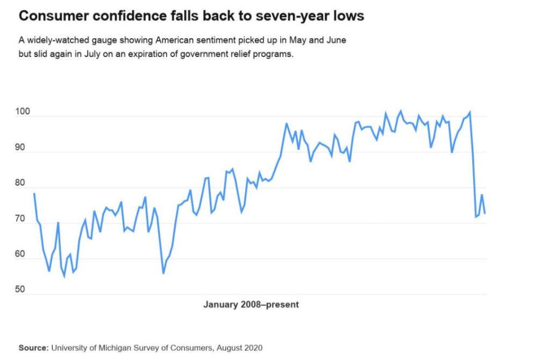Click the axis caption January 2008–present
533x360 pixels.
251,305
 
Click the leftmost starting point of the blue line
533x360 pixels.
34,193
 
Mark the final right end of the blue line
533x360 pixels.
485,214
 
